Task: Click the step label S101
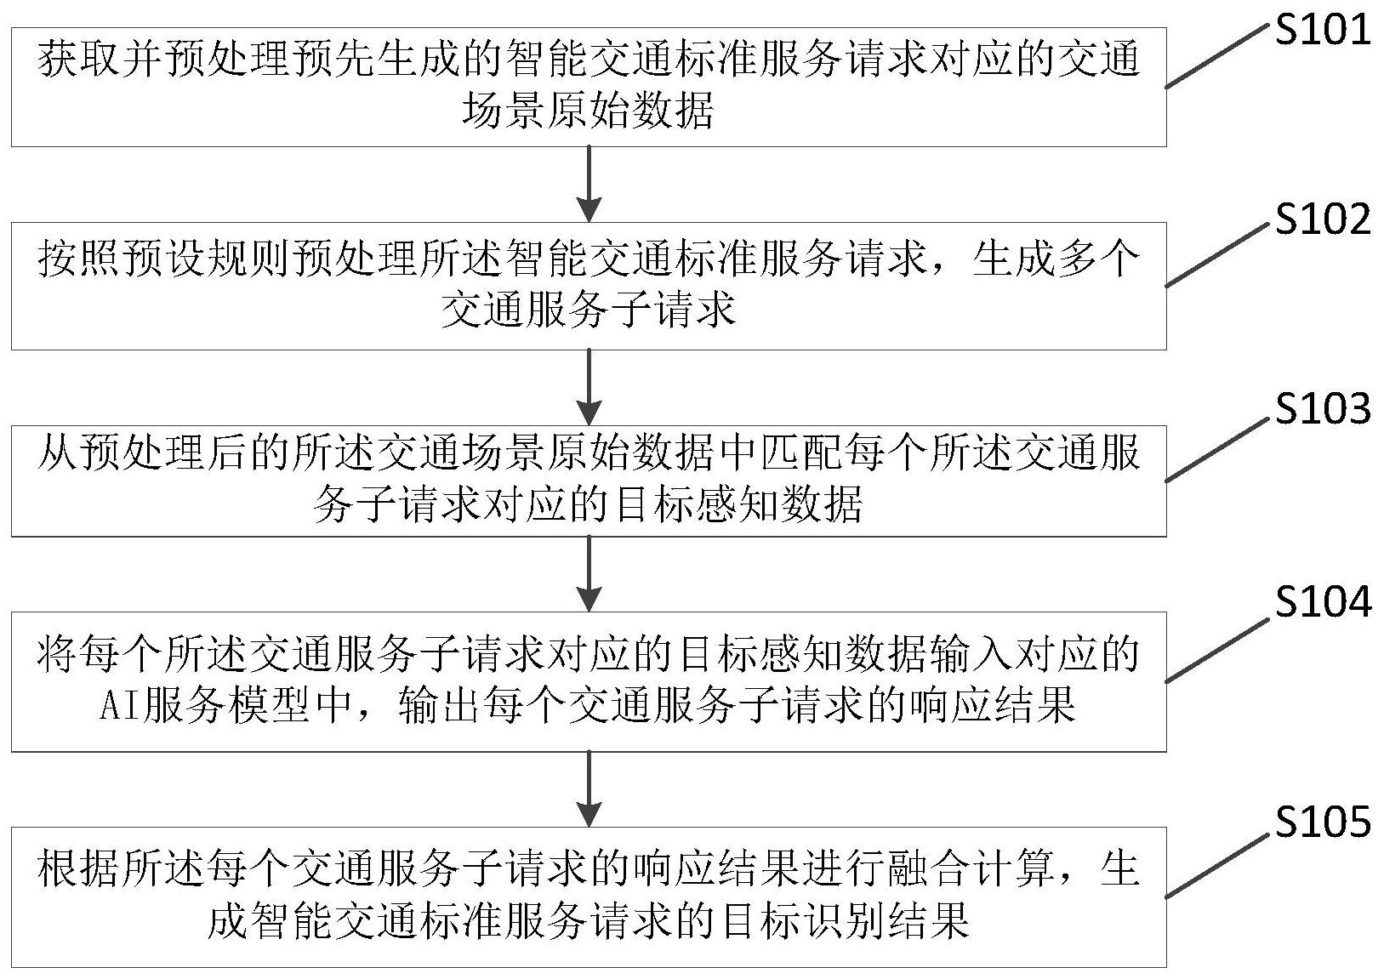pyautogui.click(x=1323, y=31)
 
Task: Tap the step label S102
pyautogui.click(x=1323, y=219)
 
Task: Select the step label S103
pyautogui.click(x=1323, y=409)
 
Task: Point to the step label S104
pyautogui.click(x=1323, y=602)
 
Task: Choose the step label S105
pyautogui.click(x=1323, y=822)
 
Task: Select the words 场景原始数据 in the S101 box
pyautogui.click(x=588, y=111)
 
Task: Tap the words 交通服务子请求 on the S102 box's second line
pyautogui.click(x=588, y=311)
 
